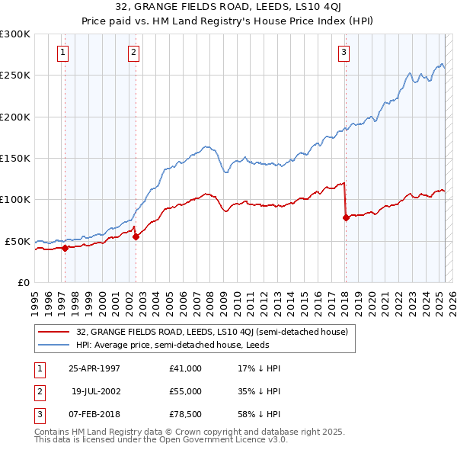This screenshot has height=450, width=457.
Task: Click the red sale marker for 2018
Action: pyautogui.click(x=346, y=217)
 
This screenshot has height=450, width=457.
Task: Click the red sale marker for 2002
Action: pyautogui.click(x=136, y=236)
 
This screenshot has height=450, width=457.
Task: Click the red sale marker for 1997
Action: pyautogui.click(x=66, y=248)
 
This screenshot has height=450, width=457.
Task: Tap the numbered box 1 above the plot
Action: pyautogui.click(x=62, y=53)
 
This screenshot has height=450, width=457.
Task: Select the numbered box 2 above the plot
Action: pyautogui.click(x=133, y=53)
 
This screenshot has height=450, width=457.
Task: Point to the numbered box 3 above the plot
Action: pyautogui.click(x=344, y=53)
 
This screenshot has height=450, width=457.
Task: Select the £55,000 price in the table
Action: pyautogui.click(x=185, y=390)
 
